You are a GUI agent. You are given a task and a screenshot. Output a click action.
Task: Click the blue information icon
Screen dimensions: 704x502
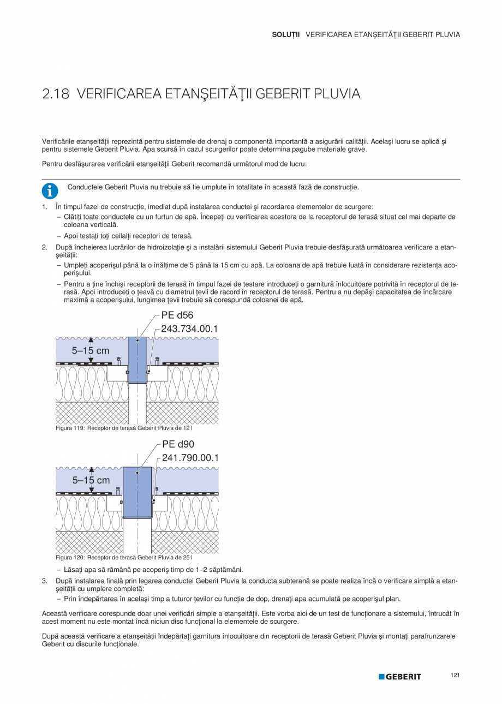[x=50, y=190]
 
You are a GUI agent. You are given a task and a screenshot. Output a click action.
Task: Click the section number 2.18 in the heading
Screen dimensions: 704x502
[x=56, y=94]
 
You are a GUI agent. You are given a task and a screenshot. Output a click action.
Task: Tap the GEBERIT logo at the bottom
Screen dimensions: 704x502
[x=400, y=677]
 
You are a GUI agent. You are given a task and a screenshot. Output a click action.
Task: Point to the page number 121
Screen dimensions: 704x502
[x=455, y=676]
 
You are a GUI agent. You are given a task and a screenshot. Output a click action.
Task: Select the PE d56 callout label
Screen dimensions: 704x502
[x=177, y=315]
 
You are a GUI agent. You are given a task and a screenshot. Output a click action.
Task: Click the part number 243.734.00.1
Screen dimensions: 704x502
[x=189, y=329]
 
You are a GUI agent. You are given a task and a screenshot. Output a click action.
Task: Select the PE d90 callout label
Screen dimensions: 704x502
[x=178, y=444]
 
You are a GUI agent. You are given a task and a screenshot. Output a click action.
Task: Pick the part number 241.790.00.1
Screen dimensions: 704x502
[x=190, y=458]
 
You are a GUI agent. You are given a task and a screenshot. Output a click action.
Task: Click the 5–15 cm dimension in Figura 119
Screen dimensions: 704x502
[x=91, y=350]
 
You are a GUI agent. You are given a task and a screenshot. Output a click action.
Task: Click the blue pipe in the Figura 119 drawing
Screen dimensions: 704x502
[x=138, y=360]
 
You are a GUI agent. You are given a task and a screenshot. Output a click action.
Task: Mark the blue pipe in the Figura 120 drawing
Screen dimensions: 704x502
[x=137, y=491]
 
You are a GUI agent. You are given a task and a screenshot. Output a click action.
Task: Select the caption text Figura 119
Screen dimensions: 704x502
[x=70, y=428]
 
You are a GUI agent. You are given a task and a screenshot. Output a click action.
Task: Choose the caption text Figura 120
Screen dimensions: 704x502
[x=70, y=558]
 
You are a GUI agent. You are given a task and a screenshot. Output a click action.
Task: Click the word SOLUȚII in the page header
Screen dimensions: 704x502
[x=285, y=34]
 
